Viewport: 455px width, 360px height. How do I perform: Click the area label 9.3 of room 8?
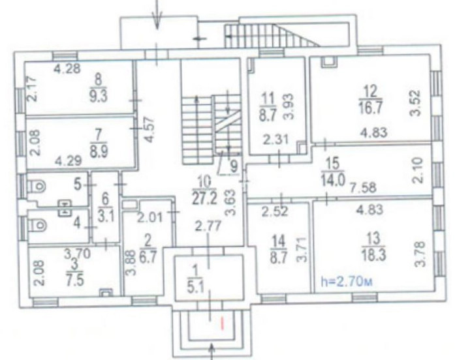[x=99, y=96]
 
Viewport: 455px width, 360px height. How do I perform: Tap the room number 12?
[x=370, y=91]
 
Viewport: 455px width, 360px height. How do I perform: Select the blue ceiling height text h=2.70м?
[x=347, y=282]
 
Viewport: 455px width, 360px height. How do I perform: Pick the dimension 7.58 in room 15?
[x=363, y=187]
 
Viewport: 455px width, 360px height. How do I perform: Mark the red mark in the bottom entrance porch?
[x=223, y=323]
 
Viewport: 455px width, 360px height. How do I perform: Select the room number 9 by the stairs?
[x=233, y=167]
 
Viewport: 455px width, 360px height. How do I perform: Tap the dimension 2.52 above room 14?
[x=275, y=211]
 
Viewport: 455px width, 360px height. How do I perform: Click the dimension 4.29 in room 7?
[x=68, y=160]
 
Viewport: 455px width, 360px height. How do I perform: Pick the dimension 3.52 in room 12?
[x=415, y=103]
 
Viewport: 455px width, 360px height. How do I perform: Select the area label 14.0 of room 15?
[x=333, y=181]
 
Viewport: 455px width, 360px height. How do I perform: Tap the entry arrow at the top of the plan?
[x=157, y=14]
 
